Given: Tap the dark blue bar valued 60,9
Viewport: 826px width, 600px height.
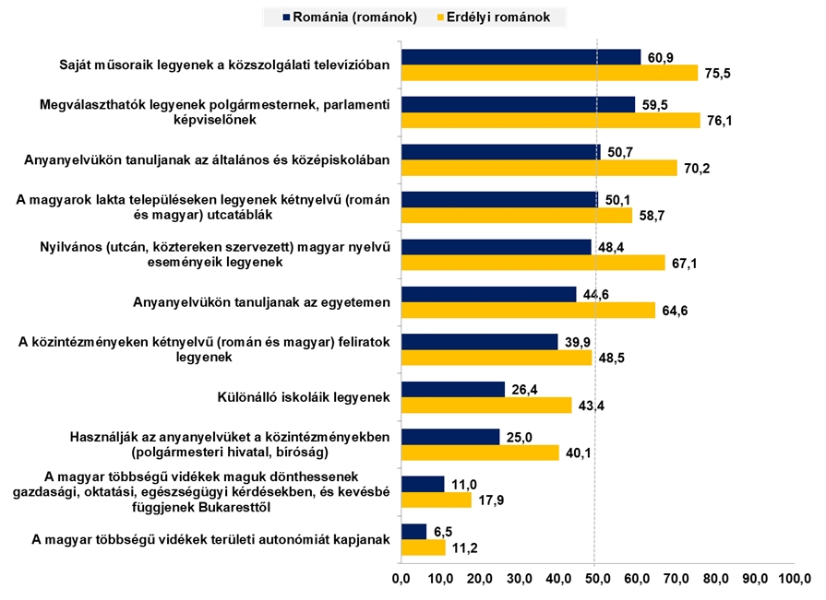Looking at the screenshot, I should click(x=521, y=57).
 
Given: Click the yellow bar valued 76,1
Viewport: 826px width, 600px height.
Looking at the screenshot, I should click(x=551, y=120).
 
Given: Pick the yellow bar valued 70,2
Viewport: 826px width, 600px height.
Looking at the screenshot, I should click(x=539, y=168).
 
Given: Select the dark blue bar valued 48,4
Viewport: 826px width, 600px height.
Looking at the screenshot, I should click(x=496, y=247).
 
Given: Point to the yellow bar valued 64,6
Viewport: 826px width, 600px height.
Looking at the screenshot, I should click(x=528, y=310).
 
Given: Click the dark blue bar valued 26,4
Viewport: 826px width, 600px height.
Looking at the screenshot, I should click(x=452, y=389).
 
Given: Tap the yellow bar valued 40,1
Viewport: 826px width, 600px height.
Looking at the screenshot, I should click(x=480, y=453).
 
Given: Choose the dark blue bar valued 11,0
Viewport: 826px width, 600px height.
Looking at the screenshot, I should click(x=422, y=484).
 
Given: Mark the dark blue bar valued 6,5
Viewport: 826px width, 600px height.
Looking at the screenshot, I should click(x=413, y=532).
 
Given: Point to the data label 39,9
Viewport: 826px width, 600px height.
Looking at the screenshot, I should click(x=578, y=342).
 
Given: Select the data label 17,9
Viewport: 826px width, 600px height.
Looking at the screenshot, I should click(x=491, y=500).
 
